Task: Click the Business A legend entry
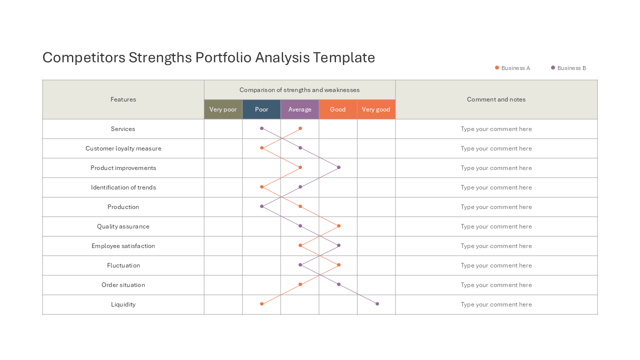pos(512,68)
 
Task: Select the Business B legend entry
pos(568,68)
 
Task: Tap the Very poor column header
pos(223,109)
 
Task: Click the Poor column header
pos(261,109)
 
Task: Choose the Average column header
pos(299,109)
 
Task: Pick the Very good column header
pos(376,109)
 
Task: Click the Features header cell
pos(123,99)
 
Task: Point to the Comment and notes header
pos(496,99)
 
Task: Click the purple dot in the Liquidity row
pos(377,303)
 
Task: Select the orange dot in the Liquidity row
pos(261,303)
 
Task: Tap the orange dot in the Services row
pos(300,128)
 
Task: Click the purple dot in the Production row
pos(261,206)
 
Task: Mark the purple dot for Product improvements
pos(338,167)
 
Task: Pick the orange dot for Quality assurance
pos(338,225)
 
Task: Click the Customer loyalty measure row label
pos(123,148)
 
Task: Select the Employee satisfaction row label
pos(123,246)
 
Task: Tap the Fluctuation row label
pos(123,265)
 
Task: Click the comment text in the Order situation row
pos(496,285)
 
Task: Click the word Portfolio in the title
pos(223,57)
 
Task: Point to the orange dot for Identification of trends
pos(261,187)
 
